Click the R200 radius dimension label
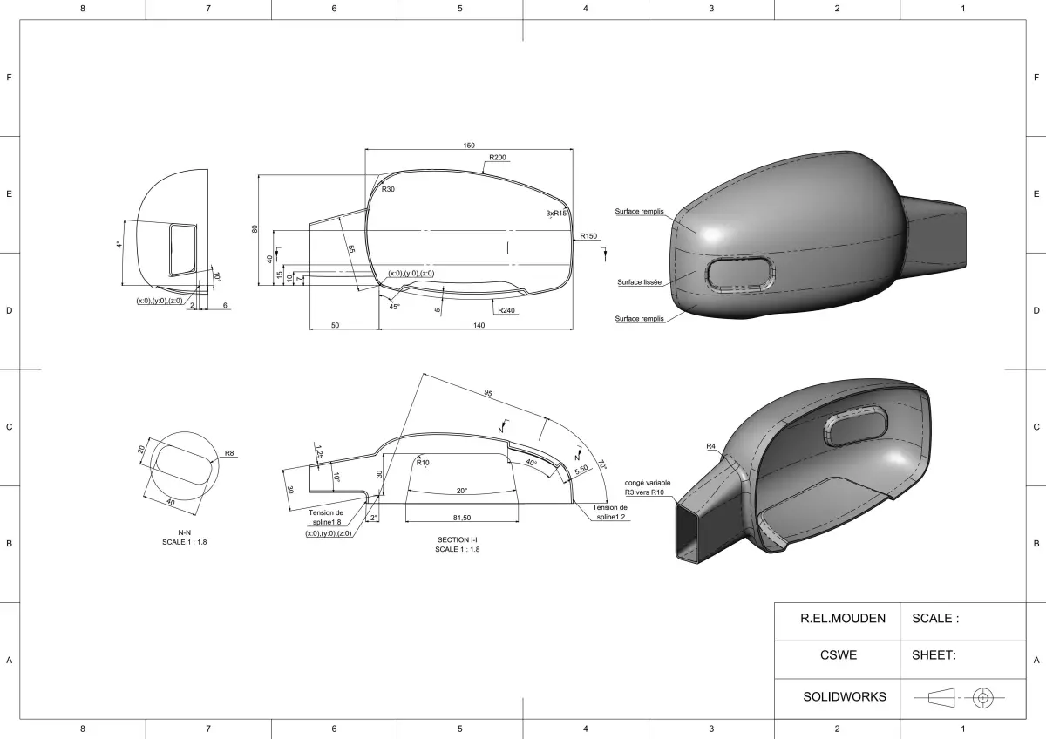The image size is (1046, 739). (x=498, y=158)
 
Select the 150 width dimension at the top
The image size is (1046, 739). (x=469, y=146)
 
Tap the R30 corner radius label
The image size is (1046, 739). (x=388, y=189)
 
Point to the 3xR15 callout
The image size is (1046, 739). (x=557, y=213)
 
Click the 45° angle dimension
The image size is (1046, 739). (x=394, y=307)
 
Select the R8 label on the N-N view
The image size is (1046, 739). (x=229, y=453)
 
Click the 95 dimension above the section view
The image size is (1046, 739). (x=487, y=393)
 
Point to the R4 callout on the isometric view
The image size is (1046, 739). (x=711, y=446)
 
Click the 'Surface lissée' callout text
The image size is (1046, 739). (x=639, y=282)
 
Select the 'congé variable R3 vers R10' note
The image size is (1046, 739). (x=648, y=487)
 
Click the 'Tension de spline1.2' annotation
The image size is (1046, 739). (x=610, y=512)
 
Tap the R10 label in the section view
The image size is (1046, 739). (x=423, y=463)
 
